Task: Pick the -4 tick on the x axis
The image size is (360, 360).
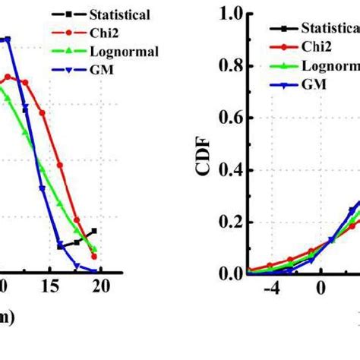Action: click(x=275, y=289)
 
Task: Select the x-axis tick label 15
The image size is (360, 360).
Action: click(x=51, y=286)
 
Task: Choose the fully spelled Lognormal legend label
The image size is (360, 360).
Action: click(x=123, y=52)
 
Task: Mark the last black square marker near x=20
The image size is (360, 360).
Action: click(x=93, y=231)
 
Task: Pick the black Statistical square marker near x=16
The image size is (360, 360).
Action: click(x=60, y=246)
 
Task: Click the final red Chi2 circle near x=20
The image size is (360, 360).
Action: click(x=94, y=256)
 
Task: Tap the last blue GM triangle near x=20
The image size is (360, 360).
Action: click(x=94, y=270)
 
